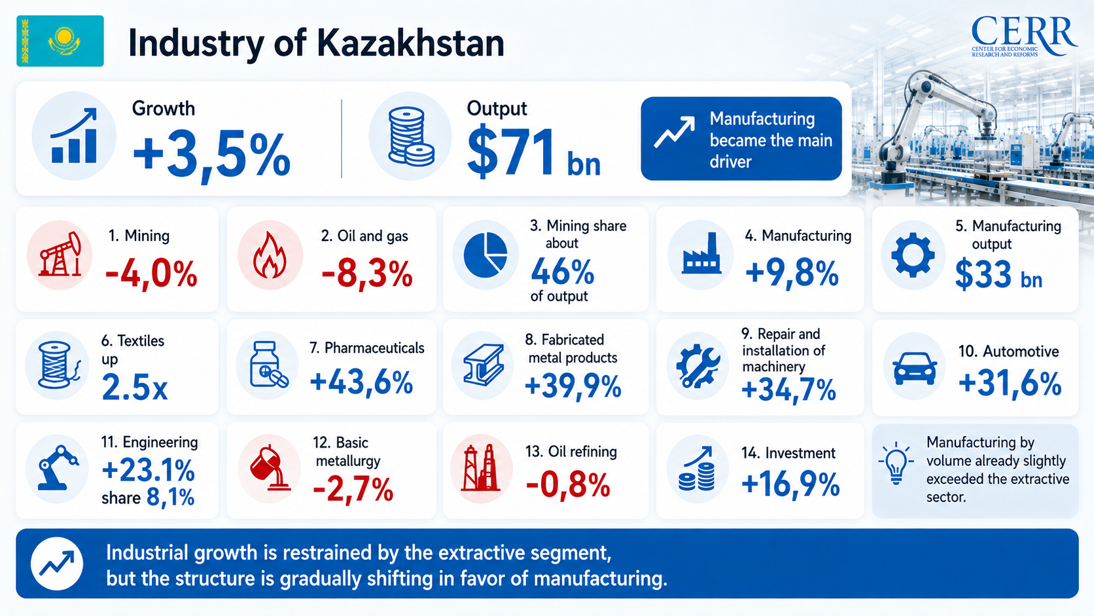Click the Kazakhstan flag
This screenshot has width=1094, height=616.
(60, 41)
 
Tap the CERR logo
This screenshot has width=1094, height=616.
(1024, 36)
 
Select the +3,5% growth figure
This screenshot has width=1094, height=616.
(211, 155)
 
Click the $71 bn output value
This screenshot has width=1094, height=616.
(533, 153)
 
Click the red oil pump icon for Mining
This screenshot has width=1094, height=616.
(60, 255)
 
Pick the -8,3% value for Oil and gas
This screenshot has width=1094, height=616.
(367, 274)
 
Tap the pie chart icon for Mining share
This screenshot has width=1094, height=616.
(485, 255)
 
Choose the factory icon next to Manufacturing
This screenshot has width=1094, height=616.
(701, 253)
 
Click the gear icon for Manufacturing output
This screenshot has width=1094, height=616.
(913, 255)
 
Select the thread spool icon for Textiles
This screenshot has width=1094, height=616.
(57, 365)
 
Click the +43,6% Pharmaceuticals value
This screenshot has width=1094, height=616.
(362, 382)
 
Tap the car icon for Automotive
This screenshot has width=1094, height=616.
(915, 368)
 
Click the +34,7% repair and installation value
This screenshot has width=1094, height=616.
(788, 391)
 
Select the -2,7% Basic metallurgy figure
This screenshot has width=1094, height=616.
(353, 488)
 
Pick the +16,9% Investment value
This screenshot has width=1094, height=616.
(790, 484)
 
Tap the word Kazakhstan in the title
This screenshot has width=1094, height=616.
(410, 43)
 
